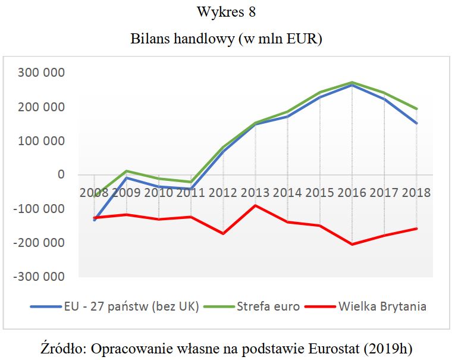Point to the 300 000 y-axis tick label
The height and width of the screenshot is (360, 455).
pos(42,73)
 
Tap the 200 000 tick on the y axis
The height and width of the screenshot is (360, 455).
pos(42,107)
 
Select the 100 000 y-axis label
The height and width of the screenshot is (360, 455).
pos(42,141)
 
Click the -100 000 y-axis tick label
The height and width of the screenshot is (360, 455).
pos(39,209)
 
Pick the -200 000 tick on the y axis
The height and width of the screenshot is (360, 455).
pos(39,243)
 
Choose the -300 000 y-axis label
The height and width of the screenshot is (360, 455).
pos(39,277)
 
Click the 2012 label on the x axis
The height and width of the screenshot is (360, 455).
pos(222,193)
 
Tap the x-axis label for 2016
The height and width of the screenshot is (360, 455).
pos(352,193)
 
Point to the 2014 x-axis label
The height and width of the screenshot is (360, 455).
pos(287,193)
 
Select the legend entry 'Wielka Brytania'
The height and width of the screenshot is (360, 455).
pos(382,307)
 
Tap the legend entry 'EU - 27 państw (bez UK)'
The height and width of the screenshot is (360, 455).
pos(131,307)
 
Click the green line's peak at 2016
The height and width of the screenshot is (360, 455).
pos(352,82)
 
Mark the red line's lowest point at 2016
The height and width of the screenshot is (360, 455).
pos(352,245)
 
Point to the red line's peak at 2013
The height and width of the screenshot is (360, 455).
pos(255,205)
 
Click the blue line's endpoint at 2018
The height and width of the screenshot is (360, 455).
pos(416,123)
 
